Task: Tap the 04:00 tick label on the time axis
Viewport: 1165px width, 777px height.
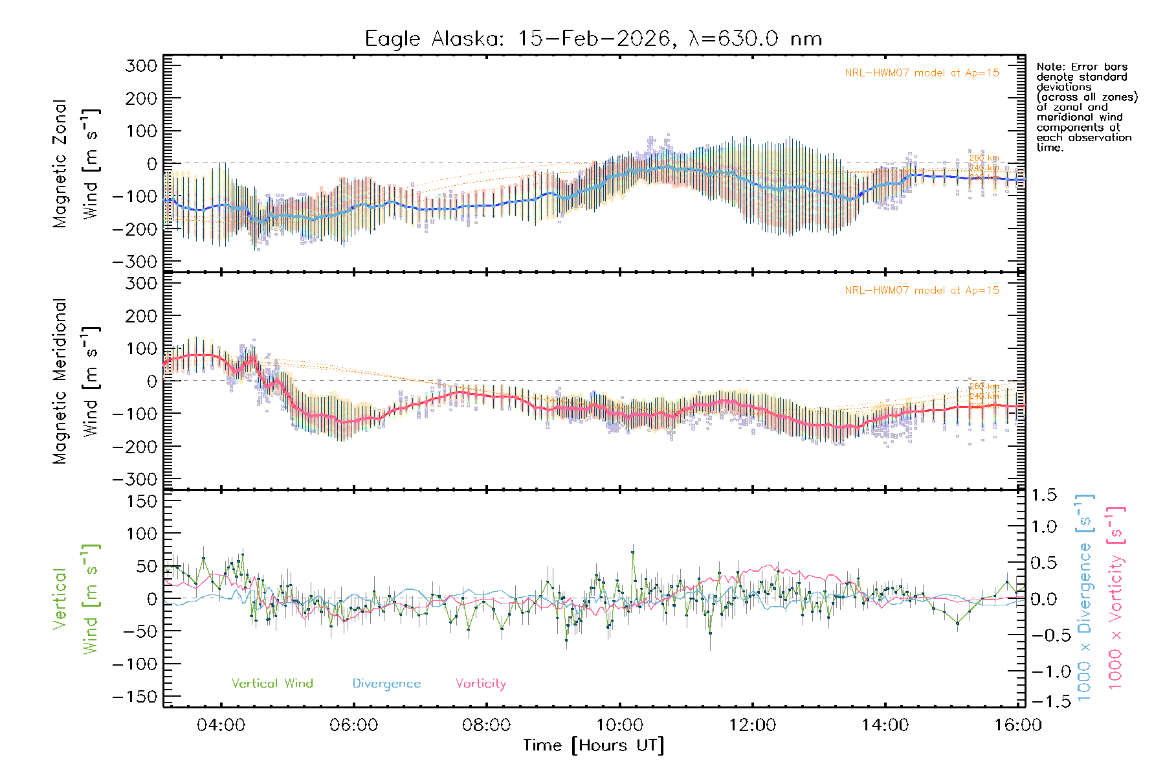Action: coord(221,725)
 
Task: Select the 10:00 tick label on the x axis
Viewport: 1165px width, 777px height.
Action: coord(619,725)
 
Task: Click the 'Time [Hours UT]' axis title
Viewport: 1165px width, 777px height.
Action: coord(594,745)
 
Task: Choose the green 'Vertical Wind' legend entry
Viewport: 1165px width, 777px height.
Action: coord(272,683)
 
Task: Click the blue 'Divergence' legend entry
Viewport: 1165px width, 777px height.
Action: coord(386,683)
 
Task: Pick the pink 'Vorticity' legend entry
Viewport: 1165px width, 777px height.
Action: coord(480,683)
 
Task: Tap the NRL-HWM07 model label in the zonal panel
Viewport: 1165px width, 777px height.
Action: coord(922,73)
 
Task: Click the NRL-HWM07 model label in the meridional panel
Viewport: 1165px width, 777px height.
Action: coord(922,290)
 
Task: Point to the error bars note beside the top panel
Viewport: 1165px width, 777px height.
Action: coord(1086,107)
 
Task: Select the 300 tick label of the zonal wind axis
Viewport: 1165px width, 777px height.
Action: coord(141,65)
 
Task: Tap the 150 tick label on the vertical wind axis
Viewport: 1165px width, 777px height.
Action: coord(141,501)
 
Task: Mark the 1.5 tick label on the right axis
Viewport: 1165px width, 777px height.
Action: coord(1044,495)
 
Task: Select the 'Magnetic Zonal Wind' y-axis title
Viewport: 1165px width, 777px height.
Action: coord(76,163)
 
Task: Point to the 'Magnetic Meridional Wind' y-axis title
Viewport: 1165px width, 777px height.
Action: coord(76,381)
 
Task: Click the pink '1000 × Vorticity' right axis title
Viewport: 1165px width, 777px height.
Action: coord(1116,597)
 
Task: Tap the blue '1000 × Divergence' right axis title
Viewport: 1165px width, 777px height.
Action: coord(1085,597)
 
